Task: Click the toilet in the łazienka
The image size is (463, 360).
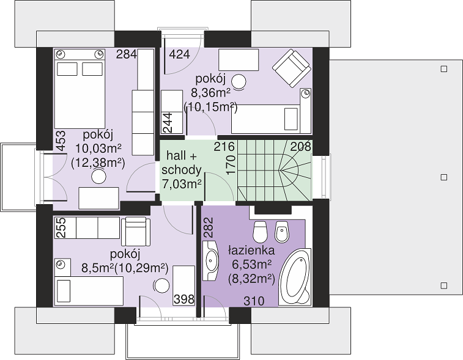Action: tap(260, 232)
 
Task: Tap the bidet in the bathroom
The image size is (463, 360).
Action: tap(282, 232)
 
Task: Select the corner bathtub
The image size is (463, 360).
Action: tap(295, 276)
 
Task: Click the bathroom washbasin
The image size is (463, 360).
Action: tap(210, 260)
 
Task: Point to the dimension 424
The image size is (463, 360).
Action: tap(179, 54)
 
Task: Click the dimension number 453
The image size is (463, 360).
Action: tap(61, 141)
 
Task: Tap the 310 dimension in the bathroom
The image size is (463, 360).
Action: tap(254, 301)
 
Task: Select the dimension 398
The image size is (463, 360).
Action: tap(184, 299)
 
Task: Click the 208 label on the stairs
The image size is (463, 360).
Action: tap(300, 146)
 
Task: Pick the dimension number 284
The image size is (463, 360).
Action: tap(127, 54)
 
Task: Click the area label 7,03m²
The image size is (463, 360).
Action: tap(182, 184)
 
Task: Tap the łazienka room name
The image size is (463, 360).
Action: tap(251, 251)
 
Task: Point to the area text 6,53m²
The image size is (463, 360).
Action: tap(251, 265)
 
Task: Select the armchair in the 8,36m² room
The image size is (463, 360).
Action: tap(292, 68)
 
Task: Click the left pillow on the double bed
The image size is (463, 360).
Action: tap(67, 69)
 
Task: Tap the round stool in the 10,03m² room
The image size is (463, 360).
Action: tap(98, 177)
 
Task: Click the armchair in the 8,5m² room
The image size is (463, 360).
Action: tap(136, 231)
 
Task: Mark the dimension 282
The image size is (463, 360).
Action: tap(208, 227)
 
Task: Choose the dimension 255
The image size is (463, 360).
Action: tap(61, 228)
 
